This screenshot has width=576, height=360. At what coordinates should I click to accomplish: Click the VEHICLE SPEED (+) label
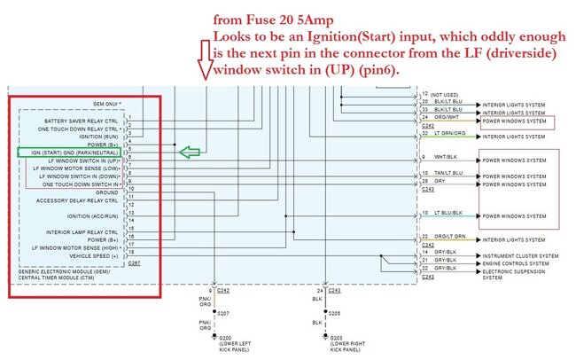(95, 255)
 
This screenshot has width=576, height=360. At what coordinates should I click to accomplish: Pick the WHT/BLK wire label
(443, 158)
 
